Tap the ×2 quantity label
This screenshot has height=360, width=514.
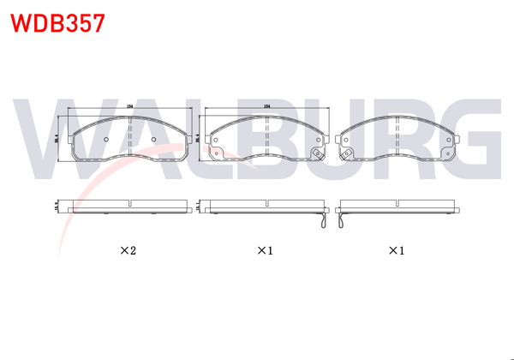[128, 251]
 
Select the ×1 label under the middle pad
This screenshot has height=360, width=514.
[265, 251]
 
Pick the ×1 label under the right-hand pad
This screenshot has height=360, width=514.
[396, 251]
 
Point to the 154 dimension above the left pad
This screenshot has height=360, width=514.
[129, 105]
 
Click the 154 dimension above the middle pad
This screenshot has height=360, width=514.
[267, 105]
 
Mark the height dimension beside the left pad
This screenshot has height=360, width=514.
[57, 139]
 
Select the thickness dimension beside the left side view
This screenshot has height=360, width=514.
[57, 208]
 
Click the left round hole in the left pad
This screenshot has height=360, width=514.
[105, 141]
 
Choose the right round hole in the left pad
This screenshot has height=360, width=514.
[153, 141]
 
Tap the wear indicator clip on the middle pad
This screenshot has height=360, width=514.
[316, 155]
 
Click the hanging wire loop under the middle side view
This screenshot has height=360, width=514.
[322, 221]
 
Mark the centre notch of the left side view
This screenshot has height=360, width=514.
[128, 204]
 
